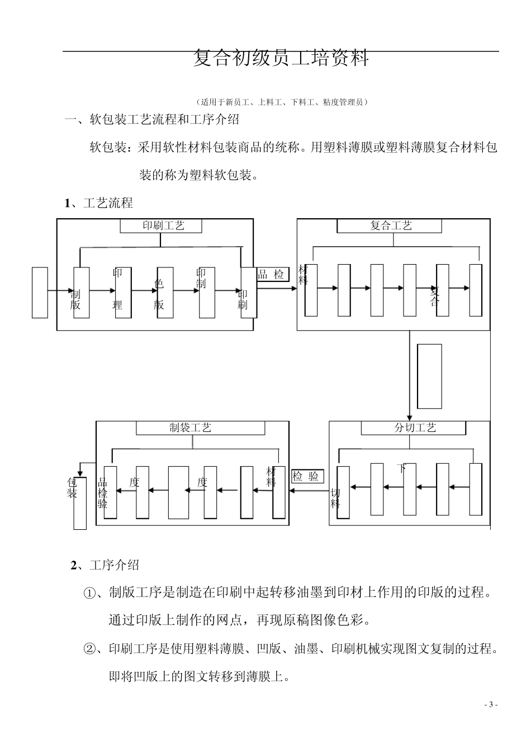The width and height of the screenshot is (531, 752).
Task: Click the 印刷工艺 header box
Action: tap(161, 225)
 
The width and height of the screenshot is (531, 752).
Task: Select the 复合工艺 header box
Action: tap(389, 225)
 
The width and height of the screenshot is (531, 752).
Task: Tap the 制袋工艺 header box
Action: tap(192, 427)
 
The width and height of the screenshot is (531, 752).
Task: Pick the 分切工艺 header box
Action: tap(413, 427)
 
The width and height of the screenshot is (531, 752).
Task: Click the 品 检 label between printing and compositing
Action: tap(271, 274)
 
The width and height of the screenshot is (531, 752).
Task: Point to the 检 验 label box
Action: tap(307, 477)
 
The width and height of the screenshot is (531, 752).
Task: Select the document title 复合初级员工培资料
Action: tap(281, 58)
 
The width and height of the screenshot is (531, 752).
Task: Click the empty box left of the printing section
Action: tap(40, 292)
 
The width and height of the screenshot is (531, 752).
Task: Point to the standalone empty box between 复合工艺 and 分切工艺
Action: tap(429, 376)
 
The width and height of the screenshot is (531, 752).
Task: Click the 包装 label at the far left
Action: tap(73, 488)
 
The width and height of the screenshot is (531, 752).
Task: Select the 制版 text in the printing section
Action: tap(75, 299)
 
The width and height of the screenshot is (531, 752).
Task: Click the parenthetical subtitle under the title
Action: tap(281, 102)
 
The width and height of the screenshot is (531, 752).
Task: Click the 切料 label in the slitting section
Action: tap(335, 498)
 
